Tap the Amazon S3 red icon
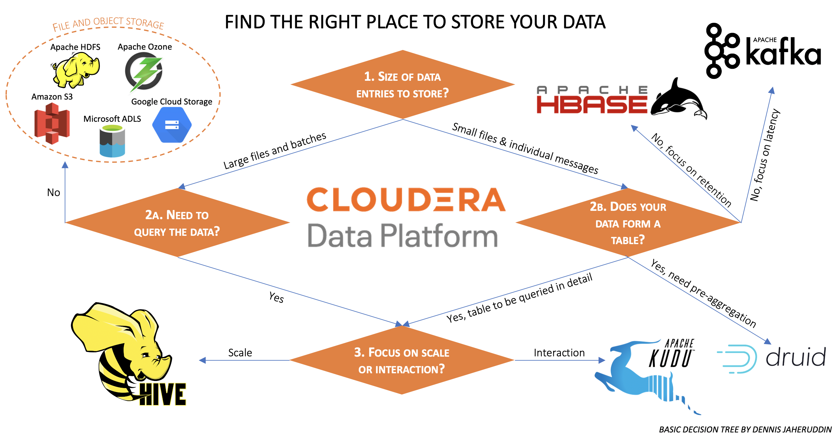(x=52, y=123)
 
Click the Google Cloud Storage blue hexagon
(x=172, y=125)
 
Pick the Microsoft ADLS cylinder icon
(x=112, y=141)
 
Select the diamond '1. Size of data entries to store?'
(x=402, y=85)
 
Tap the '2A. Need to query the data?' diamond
(x=177, y=223)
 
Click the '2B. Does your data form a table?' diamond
(x=628, y=223)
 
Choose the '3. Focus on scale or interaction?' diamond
(x=402, y=360)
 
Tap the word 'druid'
(x=796, y=357)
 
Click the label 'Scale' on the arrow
(x=240, y=353)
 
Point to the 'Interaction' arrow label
(x=559, y=353)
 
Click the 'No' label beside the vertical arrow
(x=53, y=193)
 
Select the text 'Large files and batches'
(x=275, y=151)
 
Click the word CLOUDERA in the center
(x=406, y=199)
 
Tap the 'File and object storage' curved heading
(x=108, y=23)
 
